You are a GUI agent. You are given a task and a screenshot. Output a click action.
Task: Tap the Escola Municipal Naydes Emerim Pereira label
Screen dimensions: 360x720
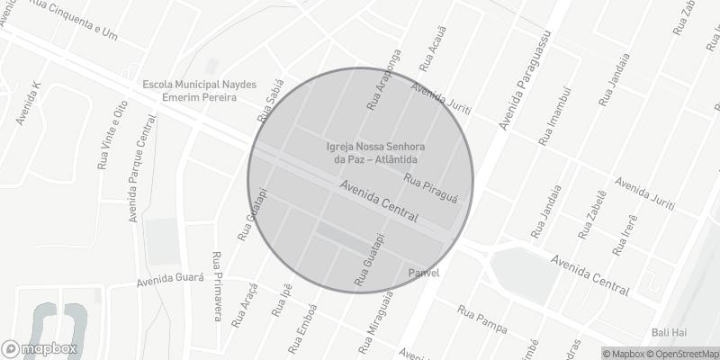click(199, 90)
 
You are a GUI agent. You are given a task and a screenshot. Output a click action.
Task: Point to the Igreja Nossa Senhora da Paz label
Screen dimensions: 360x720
click(375, 153)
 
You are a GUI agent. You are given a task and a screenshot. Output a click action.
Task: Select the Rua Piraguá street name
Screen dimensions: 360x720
click(432, 187)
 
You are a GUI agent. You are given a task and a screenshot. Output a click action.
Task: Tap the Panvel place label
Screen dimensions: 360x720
click(423, 273)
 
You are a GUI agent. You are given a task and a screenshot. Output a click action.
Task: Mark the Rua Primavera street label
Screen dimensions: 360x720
click(217, 285)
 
